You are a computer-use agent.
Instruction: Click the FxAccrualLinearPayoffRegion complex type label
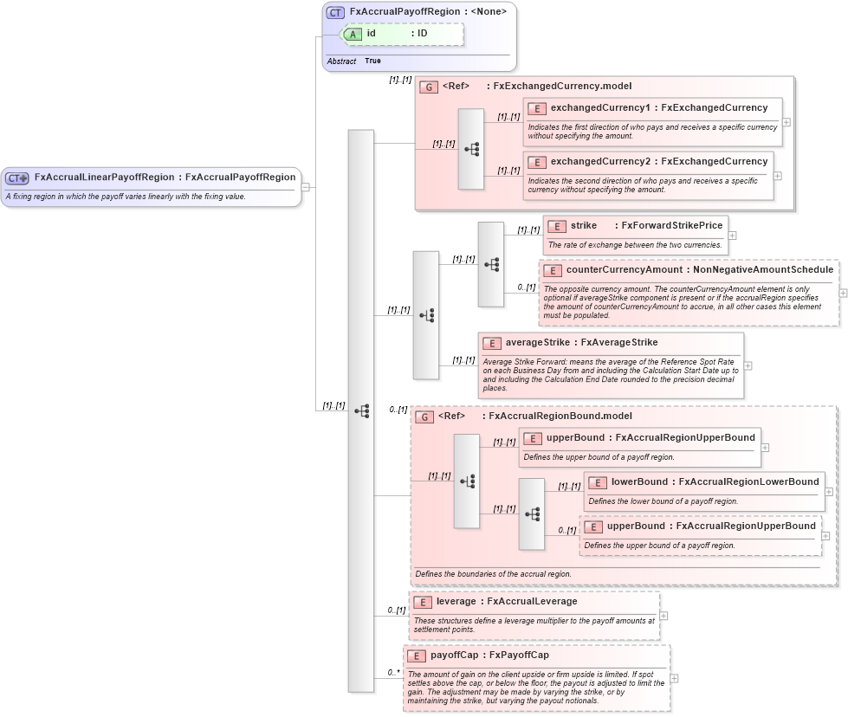click(165, 178)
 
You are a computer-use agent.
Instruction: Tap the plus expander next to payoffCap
click(674, 678)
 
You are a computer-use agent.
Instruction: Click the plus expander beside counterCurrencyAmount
click(843, 293)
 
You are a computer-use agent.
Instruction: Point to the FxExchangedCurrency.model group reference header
click(537, 87)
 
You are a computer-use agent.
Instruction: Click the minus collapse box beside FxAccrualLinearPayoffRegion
click(305, 186)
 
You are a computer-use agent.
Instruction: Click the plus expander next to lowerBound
click(829, 491)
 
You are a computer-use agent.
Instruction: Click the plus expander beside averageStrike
click(748, 365)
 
